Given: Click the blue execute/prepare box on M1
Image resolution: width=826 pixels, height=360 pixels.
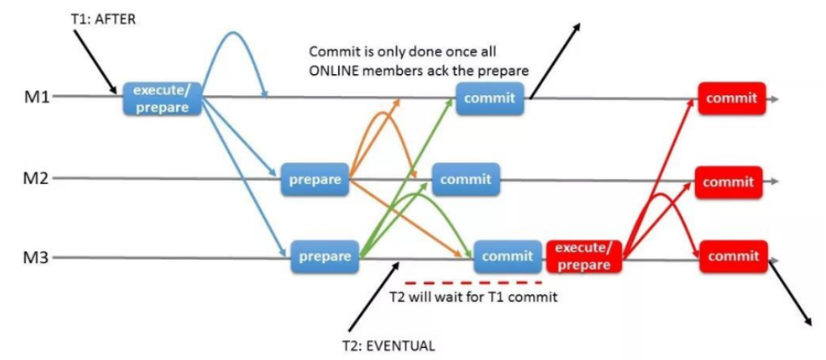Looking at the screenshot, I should (161, 98).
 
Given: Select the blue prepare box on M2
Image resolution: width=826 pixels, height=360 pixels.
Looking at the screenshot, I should (315, 180).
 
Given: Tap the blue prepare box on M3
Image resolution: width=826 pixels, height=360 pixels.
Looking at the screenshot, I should (324, 255).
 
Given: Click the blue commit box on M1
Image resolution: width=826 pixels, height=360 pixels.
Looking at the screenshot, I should (489, 98).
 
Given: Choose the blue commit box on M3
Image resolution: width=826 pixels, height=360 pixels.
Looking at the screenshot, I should (507, 255).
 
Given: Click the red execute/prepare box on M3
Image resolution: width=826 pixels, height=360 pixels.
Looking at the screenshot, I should (583, 255).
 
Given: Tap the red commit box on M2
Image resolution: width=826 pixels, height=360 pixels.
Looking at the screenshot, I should (728, 181).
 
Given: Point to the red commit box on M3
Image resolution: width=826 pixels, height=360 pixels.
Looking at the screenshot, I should (733, 256).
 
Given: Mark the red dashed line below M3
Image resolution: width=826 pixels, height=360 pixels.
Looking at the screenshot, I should (473, 282).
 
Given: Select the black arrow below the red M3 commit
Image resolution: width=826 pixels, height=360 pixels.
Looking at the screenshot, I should (790, 294).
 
